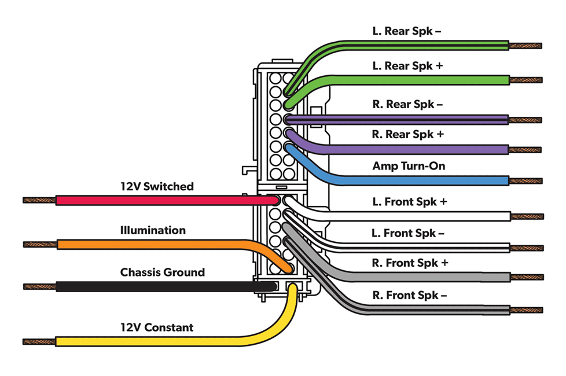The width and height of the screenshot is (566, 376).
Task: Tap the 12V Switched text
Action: point(157,187)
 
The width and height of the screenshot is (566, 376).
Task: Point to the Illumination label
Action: point(153,230)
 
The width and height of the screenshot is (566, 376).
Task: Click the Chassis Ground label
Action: point(162,272)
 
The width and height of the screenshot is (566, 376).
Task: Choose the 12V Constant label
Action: point(156,327)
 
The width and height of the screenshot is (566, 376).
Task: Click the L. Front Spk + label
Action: point(410,202)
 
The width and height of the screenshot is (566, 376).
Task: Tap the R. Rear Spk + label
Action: point(408,135)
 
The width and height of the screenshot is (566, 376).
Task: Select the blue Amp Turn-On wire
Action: point(405,180)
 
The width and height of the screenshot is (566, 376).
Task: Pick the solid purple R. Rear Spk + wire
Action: point(405,149)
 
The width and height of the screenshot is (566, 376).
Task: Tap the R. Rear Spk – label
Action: point(407,105)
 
